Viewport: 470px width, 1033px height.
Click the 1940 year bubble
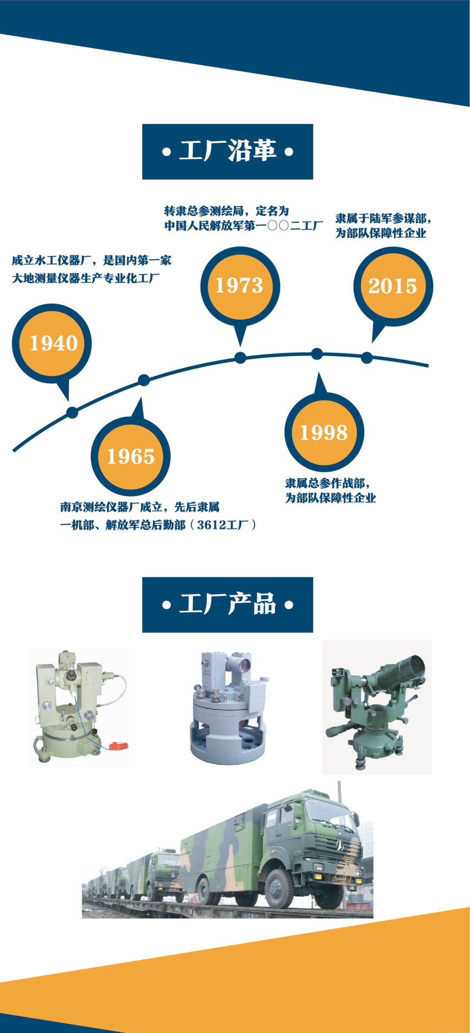(52, 343)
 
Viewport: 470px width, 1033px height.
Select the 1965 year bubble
(131, 456)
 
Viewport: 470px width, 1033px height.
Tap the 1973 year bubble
(240, 286)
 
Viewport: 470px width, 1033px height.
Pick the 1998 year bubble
(324, 432)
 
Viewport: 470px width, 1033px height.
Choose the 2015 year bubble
(393, 286)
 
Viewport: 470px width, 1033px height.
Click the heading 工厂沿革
(228, 151)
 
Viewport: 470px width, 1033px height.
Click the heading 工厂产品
(228, 604)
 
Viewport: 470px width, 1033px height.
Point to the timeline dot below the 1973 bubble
(240, 358)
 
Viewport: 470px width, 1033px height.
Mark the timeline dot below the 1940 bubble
(72, 412)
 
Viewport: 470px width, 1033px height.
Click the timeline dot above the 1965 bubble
(144, 380)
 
